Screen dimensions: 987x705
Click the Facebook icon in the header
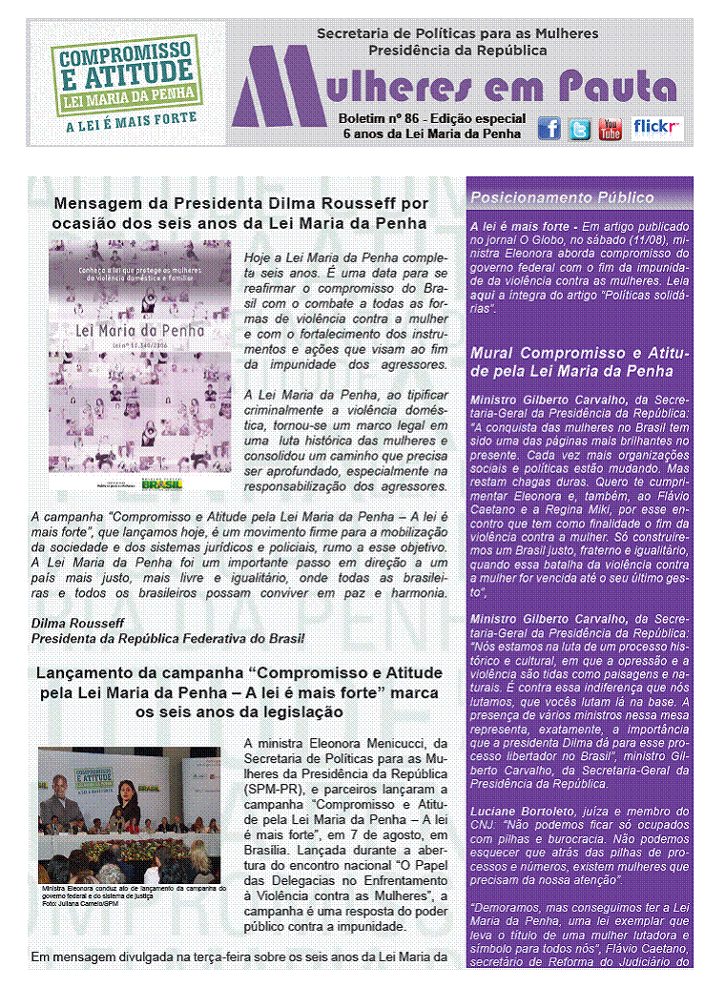coord(549,129)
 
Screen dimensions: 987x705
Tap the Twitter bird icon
coord(580,129)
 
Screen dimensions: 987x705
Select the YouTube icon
coord(611,129)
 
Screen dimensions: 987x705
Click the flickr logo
coord(658,127)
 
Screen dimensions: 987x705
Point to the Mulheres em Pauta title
coord(467,87)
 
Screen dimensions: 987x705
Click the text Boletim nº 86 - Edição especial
coord(431,118)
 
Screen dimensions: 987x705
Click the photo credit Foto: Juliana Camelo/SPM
coord(82,903)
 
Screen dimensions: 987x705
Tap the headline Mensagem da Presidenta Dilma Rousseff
coord(240,213)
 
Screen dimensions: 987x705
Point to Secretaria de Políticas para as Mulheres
coord(457,33)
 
